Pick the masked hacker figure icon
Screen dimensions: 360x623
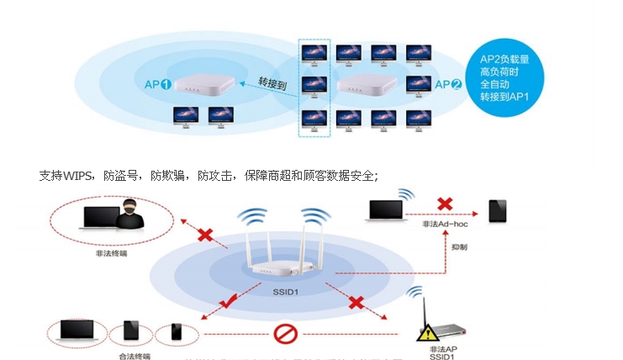[127, 217]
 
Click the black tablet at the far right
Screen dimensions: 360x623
[498, 210]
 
